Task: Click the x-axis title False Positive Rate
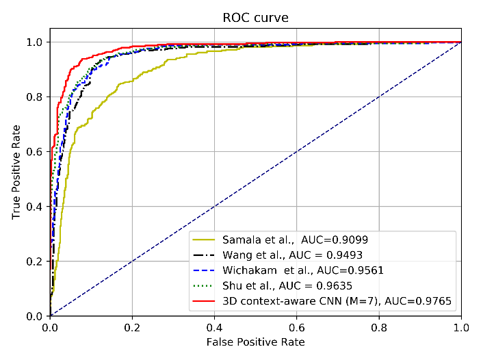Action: (x=256, y=342)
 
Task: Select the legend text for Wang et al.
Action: (x=249, y=255)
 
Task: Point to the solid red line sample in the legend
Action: (x=205, y=300)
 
